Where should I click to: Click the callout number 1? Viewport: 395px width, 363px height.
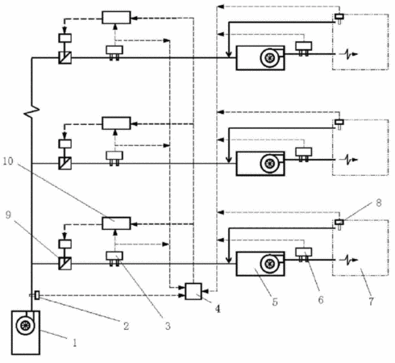click(75, 343)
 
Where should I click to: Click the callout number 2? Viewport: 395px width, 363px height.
click(127, 326)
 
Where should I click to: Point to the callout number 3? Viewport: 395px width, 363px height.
click(168, 326)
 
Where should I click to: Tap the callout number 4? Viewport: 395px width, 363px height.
click(218, 309)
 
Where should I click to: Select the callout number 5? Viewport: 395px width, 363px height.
click(275, 302)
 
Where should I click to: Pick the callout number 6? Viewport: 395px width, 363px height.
click(321, 300)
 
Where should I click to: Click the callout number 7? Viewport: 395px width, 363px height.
click(371, 301)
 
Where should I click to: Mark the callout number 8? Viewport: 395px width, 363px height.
click(379, 202)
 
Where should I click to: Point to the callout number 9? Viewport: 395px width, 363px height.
click(8, 215)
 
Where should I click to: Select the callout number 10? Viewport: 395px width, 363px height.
click(8, 161)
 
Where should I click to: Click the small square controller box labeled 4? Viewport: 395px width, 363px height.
click(193, 291)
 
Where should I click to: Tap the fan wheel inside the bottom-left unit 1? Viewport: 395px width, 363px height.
click(25, 326)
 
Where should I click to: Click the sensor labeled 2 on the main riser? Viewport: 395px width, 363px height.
click(36, 295)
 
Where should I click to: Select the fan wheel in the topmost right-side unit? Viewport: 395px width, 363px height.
click(269, 58)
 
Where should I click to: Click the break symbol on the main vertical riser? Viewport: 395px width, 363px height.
click(31, 111)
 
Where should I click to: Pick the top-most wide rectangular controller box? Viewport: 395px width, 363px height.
click(116, 18)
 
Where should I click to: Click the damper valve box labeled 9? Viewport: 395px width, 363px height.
click(65, 264)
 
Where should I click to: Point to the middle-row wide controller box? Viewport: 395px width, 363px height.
click(116, 123)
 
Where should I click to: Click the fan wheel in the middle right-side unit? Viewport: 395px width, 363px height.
click(269, 163)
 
